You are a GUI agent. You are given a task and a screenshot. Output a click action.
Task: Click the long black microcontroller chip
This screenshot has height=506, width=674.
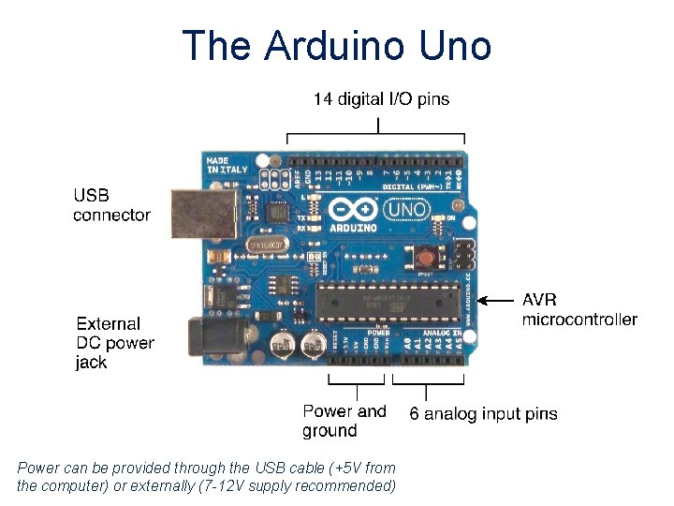(388, 301)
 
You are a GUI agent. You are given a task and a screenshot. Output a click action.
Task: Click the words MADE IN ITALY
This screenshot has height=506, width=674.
(216, 165)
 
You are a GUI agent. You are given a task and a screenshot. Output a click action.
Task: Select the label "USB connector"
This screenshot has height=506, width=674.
(111, 205)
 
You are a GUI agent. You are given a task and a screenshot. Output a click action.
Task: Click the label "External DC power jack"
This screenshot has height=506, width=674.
(115, 343)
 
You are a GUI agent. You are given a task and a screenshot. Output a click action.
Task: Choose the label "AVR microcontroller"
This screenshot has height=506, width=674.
(579, 310)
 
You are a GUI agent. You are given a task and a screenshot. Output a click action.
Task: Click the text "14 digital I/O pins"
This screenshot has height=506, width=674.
(381, 97)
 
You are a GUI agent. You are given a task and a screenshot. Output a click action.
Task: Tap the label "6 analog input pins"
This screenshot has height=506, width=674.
(483, 413)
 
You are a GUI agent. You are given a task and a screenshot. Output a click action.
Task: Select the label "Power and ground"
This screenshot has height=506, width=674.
(344, 421)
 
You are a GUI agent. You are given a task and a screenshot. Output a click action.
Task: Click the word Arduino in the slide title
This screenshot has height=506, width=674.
(330, 45)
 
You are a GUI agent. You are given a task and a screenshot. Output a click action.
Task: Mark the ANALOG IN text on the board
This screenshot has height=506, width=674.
(443, 333)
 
